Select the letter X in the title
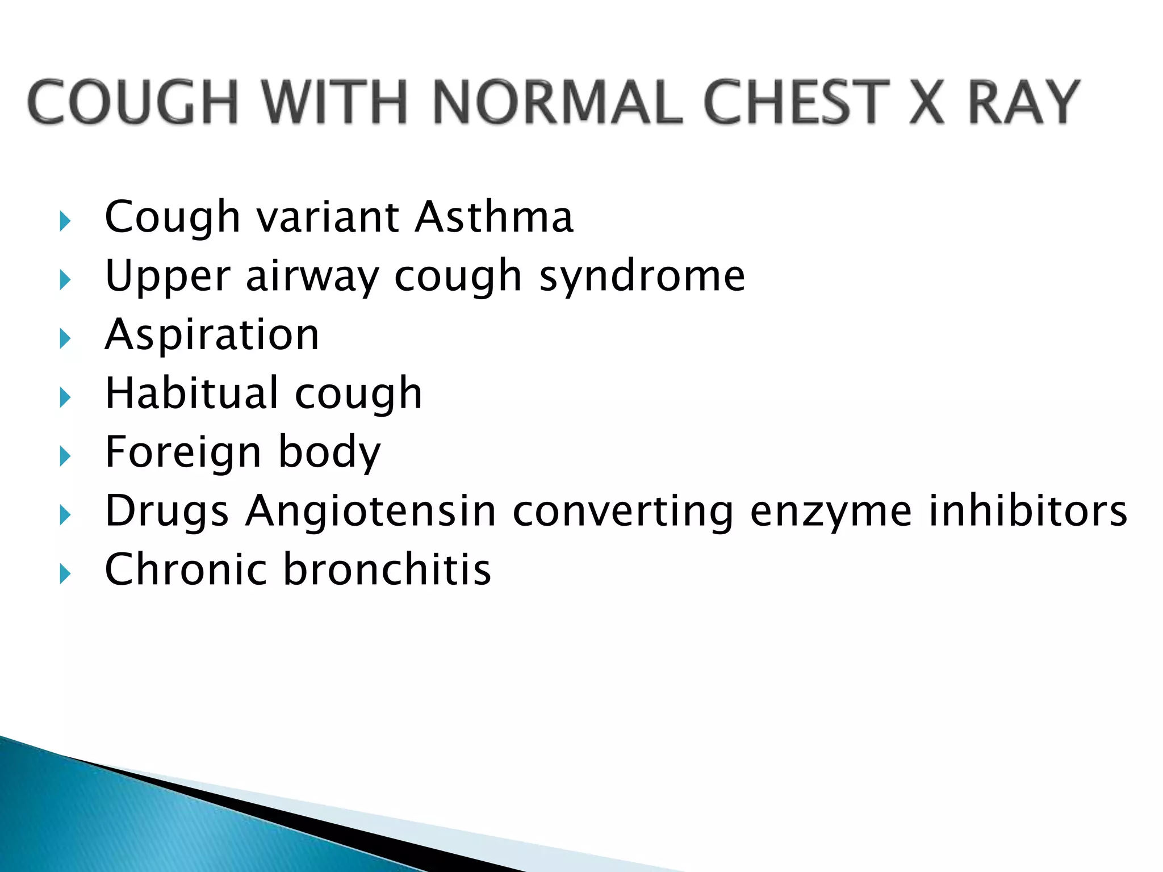tap(927, 102)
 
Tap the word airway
tap(312, 277)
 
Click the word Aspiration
tap(212, 335)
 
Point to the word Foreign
tap(183, 452)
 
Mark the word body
tap(329, 453)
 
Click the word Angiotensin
tap(371, 511)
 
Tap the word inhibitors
tap(1028, 510)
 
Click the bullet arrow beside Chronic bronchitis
tap(65, 574)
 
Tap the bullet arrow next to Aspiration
tap(65, 339)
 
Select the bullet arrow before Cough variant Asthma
tap(65, 221)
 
